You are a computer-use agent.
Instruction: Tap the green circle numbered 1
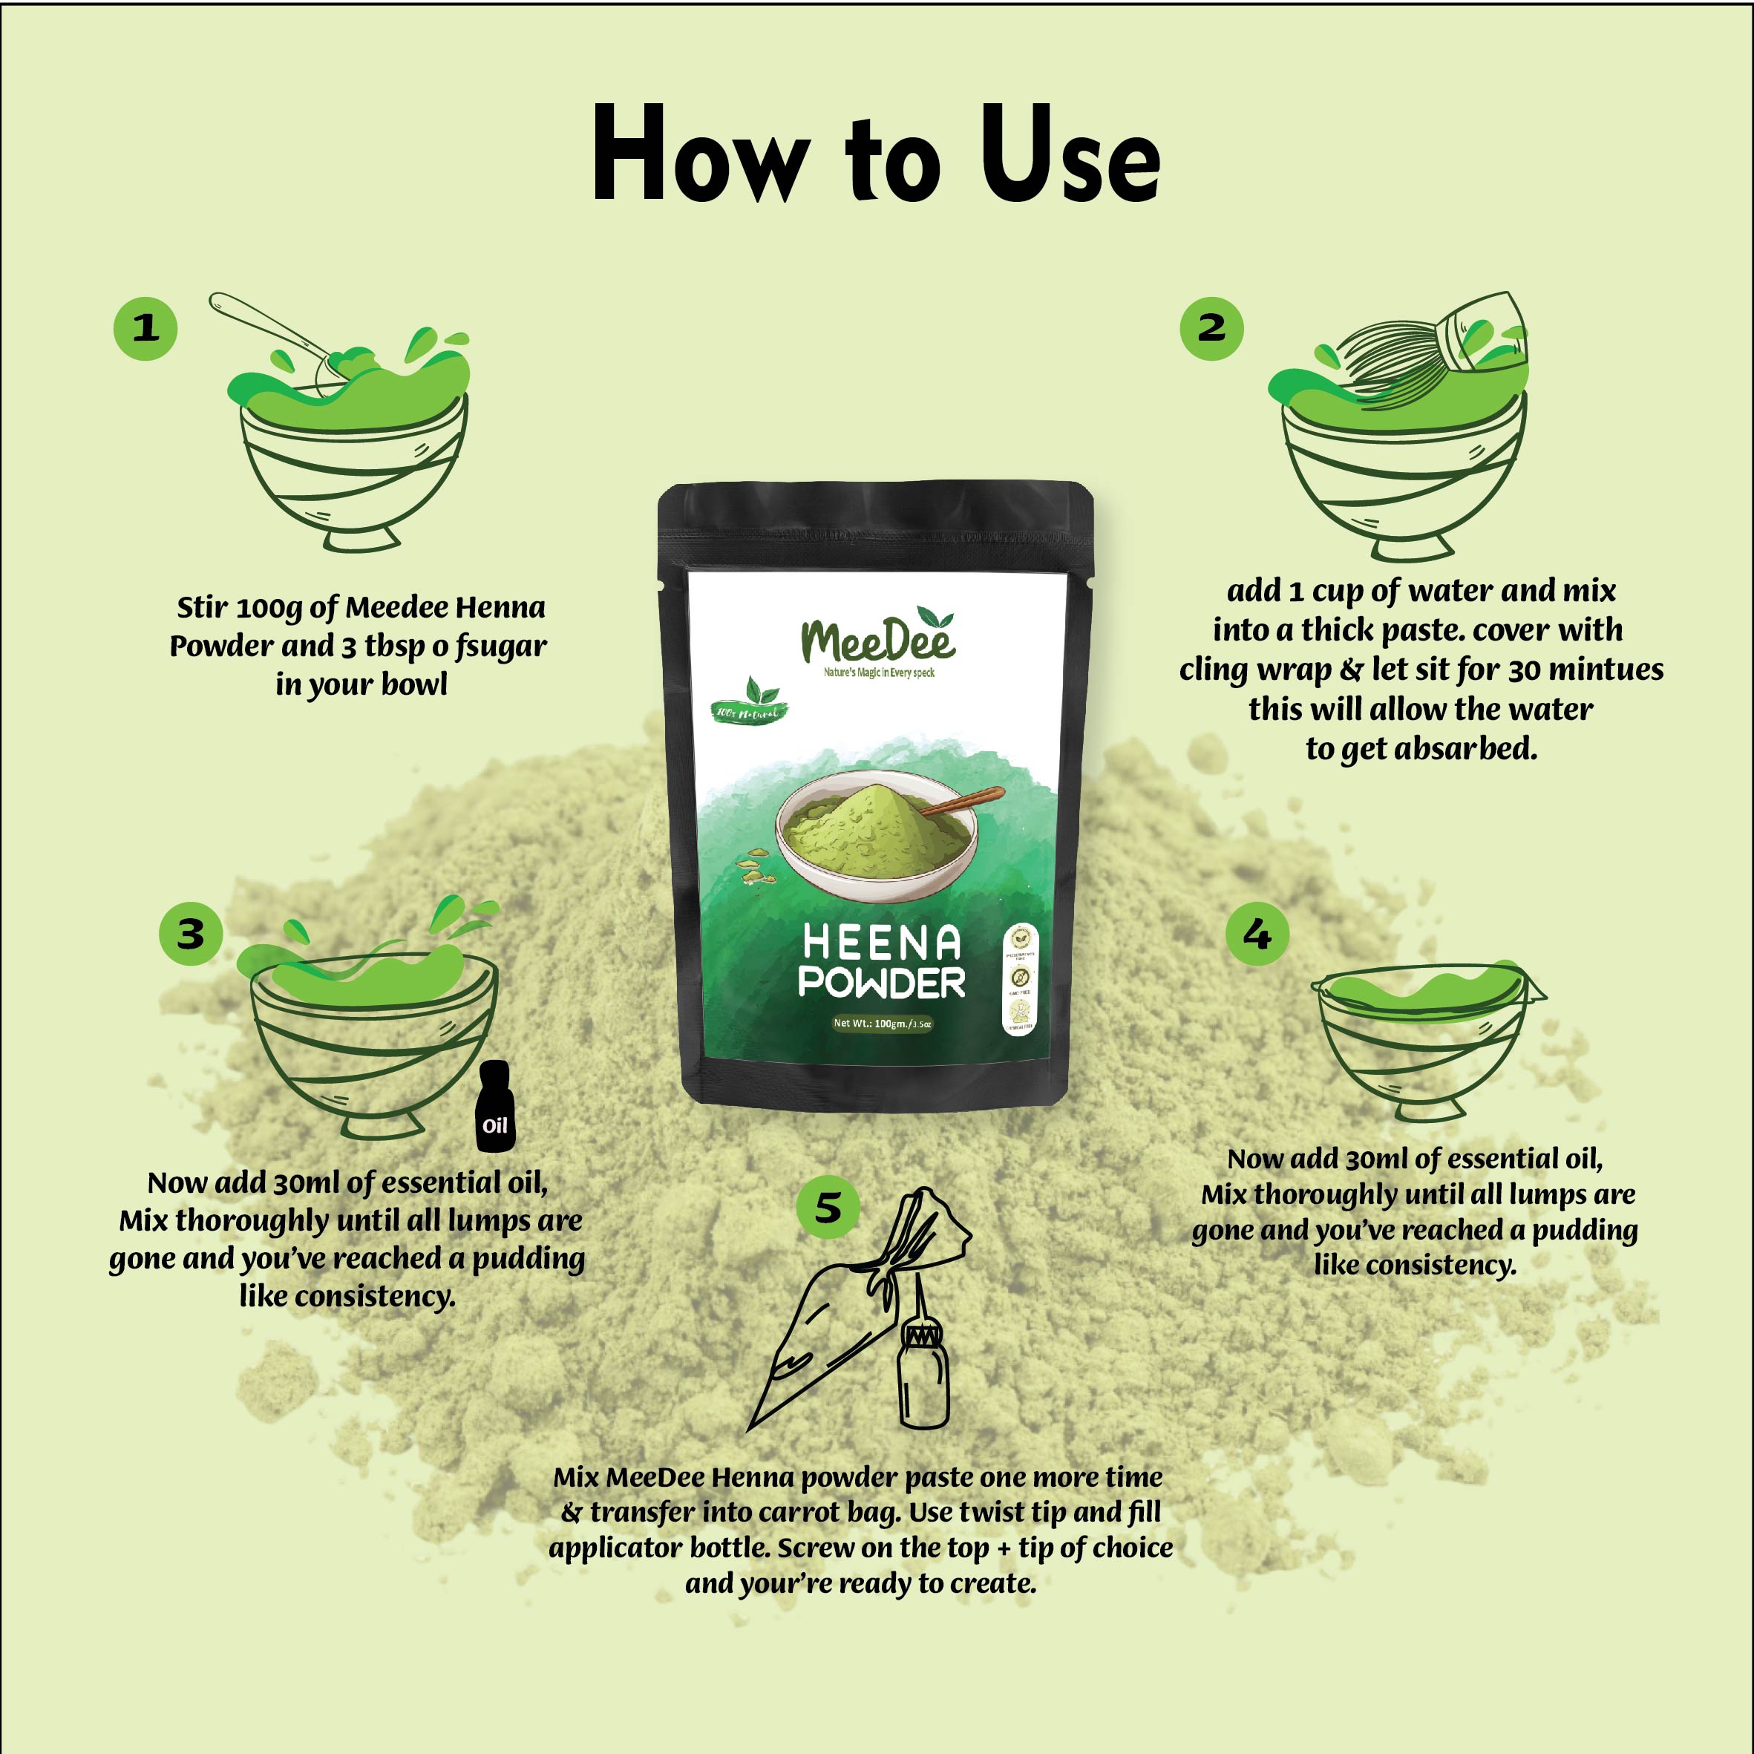[x=145, y=329]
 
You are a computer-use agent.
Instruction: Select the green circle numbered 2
[x=1211, y=329]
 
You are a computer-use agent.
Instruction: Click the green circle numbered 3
[x=191, y=933]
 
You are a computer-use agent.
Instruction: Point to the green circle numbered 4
[x=1257, y=933]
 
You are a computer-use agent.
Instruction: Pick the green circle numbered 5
[x=827, y=1208]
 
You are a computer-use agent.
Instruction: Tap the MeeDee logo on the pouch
[x=877, y=640]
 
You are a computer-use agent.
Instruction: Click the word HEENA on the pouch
[x=880, y=943]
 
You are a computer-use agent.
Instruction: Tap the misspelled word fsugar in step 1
[x=501, y=647]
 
